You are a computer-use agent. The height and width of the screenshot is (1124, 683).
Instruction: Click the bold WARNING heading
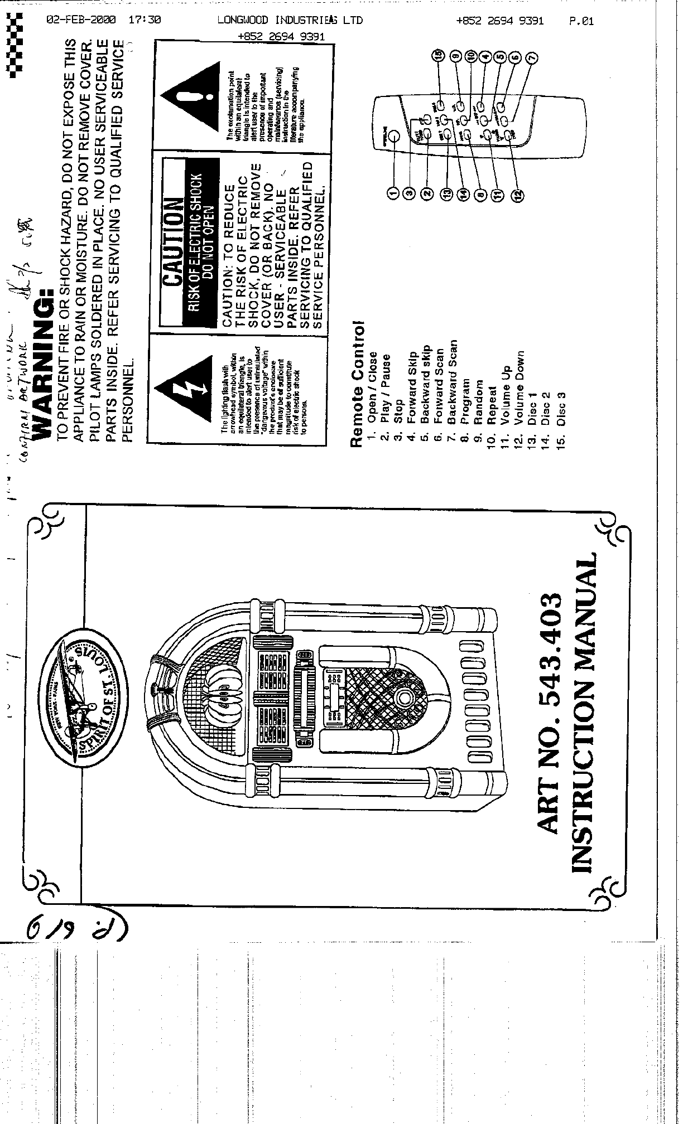[x=44, y=362]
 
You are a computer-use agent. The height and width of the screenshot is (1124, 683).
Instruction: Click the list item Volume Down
[x=520, y=388]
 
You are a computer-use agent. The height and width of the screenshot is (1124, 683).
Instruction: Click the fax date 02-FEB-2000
[x=81, y=20]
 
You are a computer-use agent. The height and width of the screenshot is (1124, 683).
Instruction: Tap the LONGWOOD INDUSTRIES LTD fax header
[x=290, y=21]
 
